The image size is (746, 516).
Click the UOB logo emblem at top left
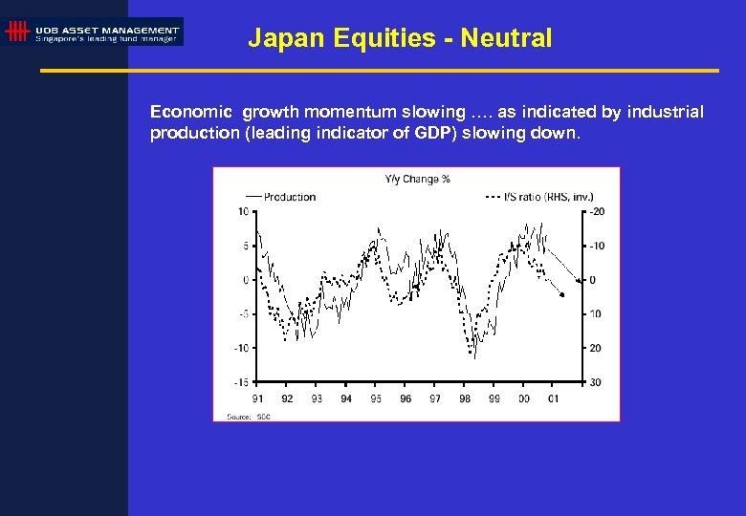coord(17,32)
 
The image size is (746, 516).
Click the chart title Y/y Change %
coord(417,179)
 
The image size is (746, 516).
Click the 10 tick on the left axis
coord(244,211)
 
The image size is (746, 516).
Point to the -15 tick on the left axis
coord(241,382)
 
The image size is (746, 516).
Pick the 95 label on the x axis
coord(376,398)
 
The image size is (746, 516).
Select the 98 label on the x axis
coord(465,398)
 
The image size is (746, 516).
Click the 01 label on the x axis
coord(553,398)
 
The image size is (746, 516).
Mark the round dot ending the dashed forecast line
coord(562,295)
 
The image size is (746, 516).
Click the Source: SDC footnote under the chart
coord(239,417)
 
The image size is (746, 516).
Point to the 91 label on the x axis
coord(257,398)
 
